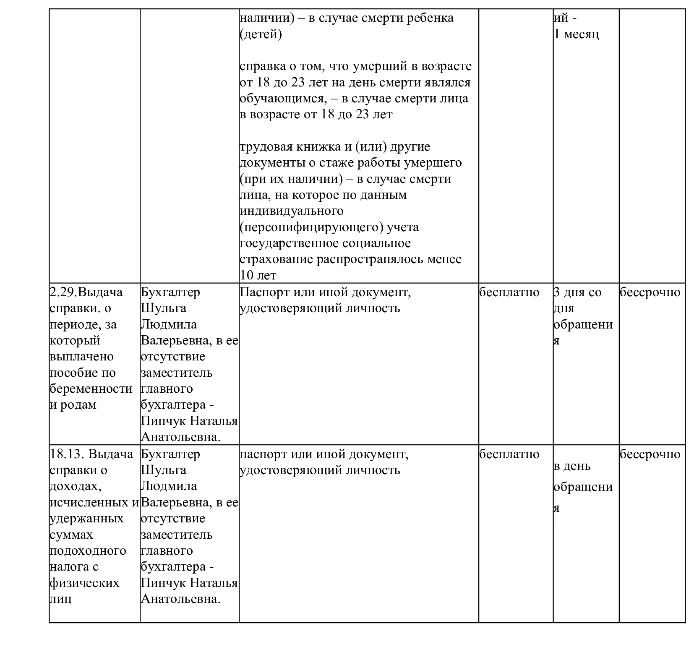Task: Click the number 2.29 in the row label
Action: point(63,292)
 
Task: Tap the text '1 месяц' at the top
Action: point(577,34)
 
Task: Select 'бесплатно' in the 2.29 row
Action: point(509,292)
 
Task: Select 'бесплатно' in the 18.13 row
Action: point(509,454)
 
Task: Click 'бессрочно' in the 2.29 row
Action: point(650,292)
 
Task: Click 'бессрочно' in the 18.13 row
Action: point(650,454)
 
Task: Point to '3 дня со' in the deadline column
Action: point(577,292)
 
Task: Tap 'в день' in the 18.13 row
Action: point(572,466)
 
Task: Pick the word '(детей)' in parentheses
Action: point(261,34)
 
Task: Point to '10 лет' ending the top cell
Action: point(258,275)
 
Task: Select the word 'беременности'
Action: point(91,389)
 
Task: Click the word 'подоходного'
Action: point(88,550)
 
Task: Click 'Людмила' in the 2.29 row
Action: point(168,324)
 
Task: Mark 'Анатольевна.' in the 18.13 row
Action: point(181,599)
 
